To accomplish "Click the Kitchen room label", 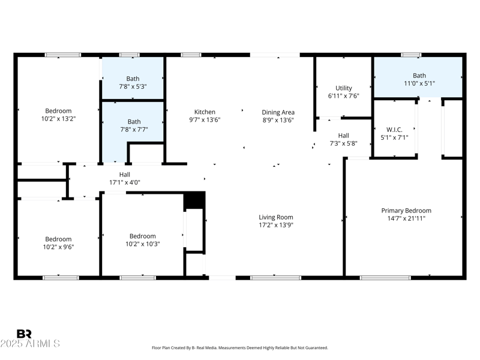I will [205, 112].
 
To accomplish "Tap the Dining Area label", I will [278, 112].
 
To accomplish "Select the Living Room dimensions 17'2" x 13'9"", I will [276, 225].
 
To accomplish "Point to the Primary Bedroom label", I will [406, 211].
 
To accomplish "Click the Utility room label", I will [344, 88].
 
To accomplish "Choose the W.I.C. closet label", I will [394, 130].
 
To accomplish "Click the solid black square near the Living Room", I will [194, 200].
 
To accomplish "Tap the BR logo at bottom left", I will [24, 334].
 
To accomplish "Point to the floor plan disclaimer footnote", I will [239, 348].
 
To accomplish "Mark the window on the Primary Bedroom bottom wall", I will [385, 278].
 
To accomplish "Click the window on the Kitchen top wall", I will [191, 55].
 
